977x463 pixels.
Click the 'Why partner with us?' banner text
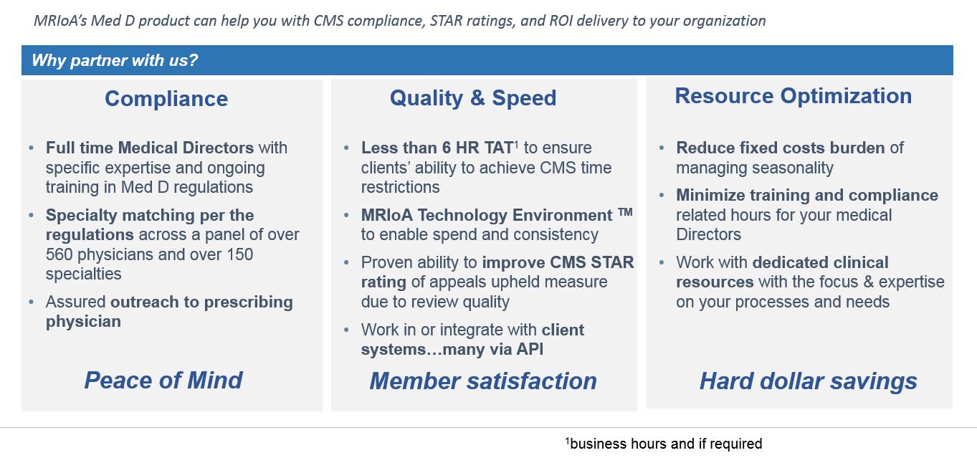[115, 60]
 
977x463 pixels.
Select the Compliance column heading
[166, 98]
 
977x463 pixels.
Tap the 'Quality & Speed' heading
[473, 97]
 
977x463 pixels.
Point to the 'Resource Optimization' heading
[793, 96]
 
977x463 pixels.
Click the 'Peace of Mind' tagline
[163, 380]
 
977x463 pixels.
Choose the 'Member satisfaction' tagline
[483, 381]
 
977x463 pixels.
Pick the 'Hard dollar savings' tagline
[809, 381]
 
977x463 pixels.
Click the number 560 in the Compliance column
[59, 254]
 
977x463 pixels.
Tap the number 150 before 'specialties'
[239, 254]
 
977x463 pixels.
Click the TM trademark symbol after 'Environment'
[625, 212]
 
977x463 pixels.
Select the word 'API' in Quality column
[530, 349]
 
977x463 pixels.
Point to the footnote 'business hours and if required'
[664, 444]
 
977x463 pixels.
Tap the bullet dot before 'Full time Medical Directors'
[31, 148]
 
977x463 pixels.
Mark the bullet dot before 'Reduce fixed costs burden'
[661, 148]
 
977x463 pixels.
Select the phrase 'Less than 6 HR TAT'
[437, 148]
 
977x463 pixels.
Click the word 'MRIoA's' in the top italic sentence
[61, 21]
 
